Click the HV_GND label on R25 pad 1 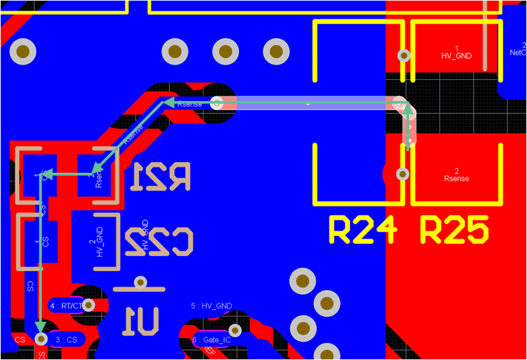(x=456, y=53)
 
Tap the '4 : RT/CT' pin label (x=67, y=306)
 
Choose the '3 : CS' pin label (x=67, y=340)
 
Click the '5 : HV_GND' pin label (x=211, y=306)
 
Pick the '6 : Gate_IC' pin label (x=211, y=340)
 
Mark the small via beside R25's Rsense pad (x=403, y=173)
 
